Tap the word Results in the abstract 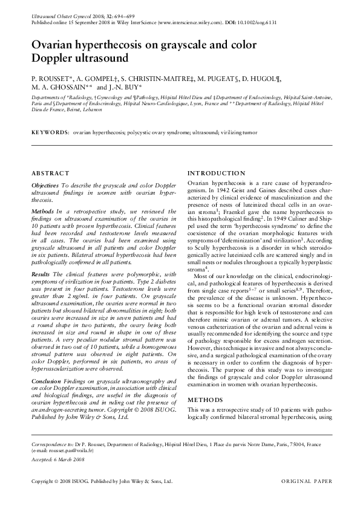coord(42,275)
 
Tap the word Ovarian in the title coord(54,45)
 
